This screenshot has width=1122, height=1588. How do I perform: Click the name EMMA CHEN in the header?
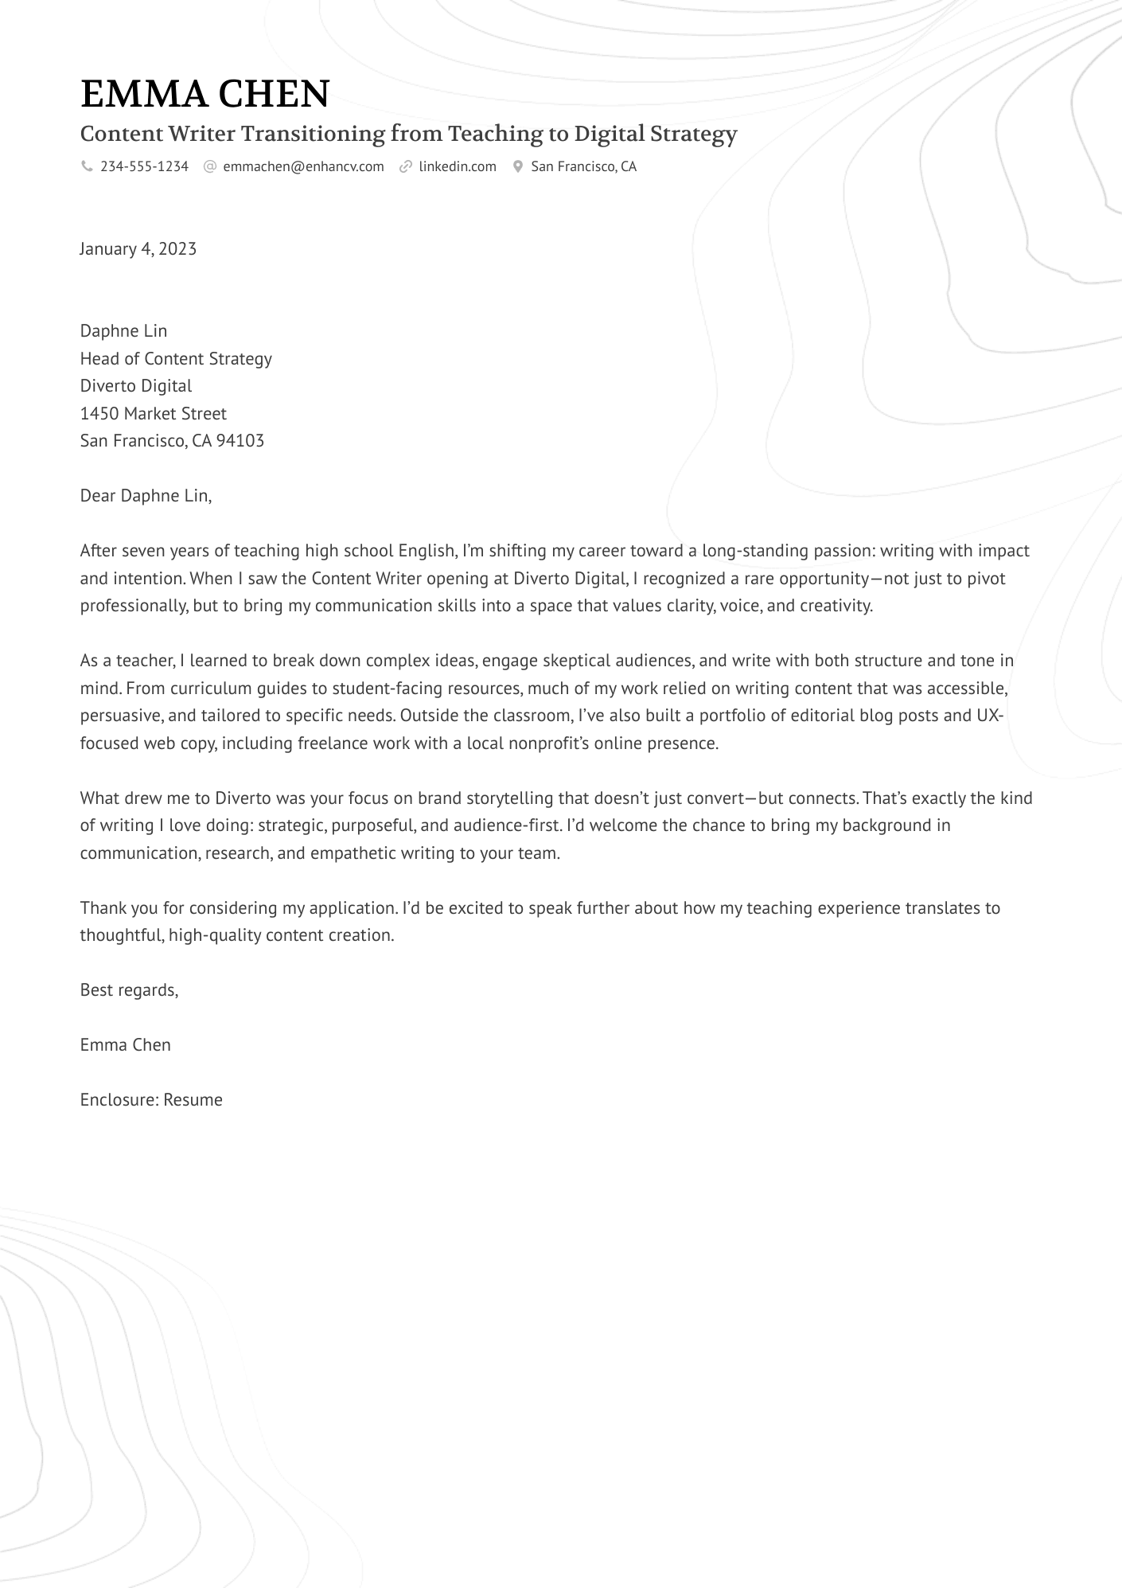[x=205, y=94]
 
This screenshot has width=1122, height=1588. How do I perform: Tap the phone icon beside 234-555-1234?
[x=87, y=166]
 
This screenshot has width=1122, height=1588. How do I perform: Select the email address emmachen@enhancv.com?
[x=303, y=166]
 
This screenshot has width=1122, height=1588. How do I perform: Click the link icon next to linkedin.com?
[x=406, y=166]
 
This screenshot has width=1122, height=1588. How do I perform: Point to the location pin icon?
[x=518, y=166]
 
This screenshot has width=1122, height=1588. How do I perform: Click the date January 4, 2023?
[x=138, y=249]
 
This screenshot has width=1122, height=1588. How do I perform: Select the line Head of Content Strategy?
[x=176, y=359]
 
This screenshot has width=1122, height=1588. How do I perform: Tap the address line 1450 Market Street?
[x=153, y=414]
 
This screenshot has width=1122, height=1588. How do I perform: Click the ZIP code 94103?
[x=240, y=441]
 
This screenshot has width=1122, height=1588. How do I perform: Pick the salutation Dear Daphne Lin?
[x=146, y=496]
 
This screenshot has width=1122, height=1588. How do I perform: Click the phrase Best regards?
[x=129, y=990]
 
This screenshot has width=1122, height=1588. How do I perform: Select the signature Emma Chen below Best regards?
[x=125, y=1045]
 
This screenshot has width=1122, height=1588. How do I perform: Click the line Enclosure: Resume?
[x=151, y=1100]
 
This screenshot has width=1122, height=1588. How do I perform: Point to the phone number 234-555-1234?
[x=144, y=166]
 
